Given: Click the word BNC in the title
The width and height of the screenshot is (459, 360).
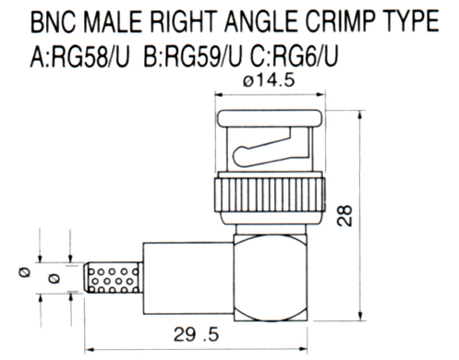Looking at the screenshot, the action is pyautogui.click(x=53, y=21).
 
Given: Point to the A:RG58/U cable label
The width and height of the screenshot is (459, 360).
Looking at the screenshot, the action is pyautogui.click(x=79, y=56).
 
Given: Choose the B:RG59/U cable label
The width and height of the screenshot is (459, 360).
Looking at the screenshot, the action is pyautogui.click(x=193, y=56).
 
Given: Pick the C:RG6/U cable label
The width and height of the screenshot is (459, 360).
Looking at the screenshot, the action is pyautogui.click(x=294, y=56).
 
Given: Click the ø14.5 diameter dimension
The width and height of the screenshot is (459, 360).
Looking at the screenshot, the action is pyautogui.click(x=269, y=80).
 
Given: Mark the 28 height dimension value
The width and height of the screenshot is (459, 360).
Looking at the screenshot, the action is pyautogui.click(x=344, y=216).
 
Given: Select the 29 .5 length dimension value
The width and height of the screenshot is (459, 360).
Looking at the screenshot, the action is pyautogui.click(x=196, y=334).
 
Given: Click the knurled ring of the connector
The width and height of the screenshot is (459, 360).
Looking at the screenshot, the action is pyautogui.click(x=270, y=195).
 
